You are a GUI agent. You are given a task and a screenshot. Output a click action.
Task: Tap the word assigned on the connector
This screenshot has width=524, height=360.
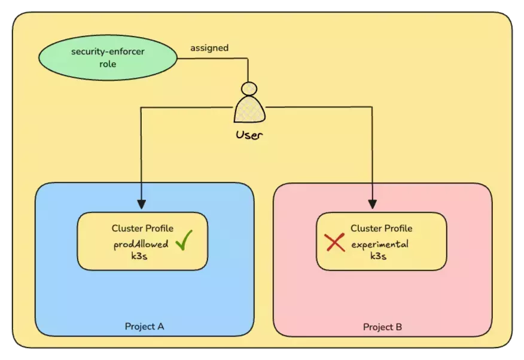click(x=209, y=48)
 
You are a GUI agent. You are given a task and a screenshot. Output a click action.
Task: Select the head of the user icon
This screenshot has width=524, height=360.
click(x=249, y=88)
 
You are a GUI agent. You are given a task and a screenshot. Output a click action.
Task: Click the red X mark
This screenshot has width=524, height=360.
click(x=334, y=242)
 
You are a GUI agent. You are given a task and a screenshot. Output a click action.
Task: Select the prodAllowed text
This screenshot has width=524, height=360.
click(x=141, y=244)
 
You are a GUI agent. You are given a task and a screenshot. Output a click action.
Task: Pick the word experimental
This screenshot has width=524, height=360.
click(x=380, y=244)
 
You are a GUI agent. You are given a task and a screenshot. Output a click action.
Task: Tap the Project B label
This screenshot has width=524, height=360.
click(x=382, y=327)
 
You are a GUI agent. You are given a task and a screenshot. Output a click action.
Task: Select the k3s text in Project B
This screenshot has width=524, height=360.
click(x=378, y=256)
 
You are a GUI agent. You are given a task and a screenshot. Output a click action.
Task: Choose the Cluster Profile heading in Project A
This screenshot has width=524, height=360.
click(x=142, y=228)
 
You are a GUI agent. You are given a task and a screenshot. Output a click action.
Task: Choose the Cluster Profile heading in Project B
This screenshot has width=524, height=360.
click(x=381, y=228)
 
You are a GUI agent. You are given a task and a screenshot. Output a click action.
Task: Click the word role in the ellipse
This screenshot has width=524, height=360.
click(x=108, y=63)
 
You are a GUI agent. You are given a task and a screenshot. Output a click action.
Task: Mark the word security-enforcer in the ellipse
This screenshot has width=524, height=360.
click(x=108, y=51)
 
